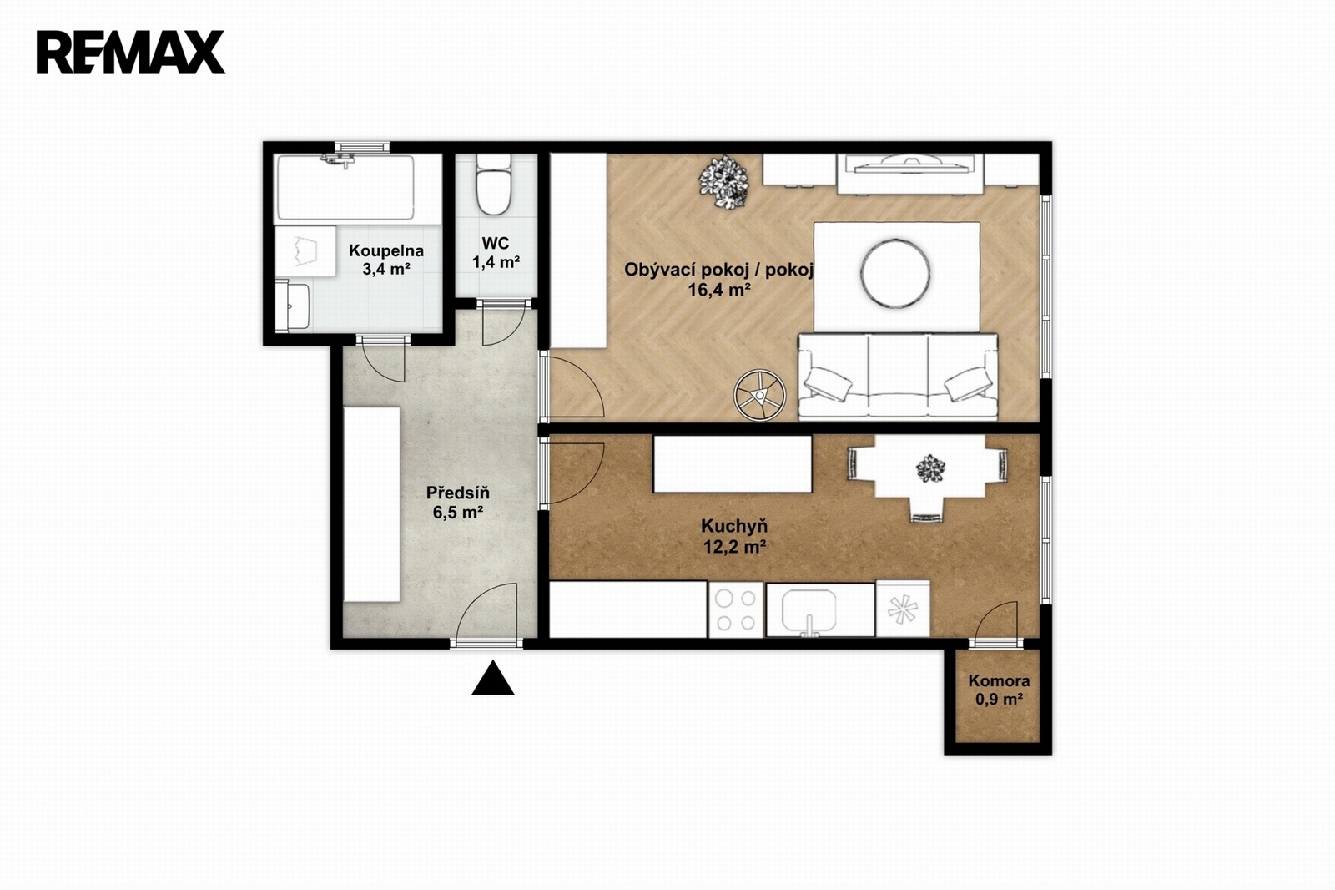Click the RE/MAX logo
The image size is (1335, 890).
click(130, 53)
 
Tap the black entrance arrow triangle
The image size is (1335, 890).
click(493, 678)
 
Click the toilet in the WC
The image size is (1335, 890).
click(493, 184)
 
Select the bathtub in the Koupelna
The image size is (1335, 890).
click(345, 187)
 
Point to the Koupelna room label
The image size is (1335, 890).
click(386, 250)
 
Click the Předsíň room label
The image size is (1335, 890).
click(458, 493)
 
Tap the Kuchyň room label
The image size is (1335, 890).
click(734, 526)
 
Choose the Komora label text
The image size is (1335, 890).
click(999, 680)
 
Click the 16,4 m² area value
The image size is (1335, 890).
click(718, 291)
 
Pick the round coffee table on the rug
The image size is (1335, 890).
click(895, 273)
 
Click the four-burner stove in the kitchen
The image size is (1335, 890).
click(735, 609)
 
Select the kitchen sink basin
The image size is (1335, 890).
click(809, 610)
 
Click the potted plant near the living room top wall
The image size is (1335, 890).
click(724, 183)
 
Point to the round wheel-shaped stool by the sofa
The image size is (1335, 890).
click(760, 395)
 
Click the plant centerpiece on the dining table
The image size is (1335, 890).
click(930, 468)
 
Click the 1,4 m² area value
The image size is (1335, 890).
click(496, 262)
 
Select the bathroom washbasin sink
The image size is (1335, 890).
click(293, 306)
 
